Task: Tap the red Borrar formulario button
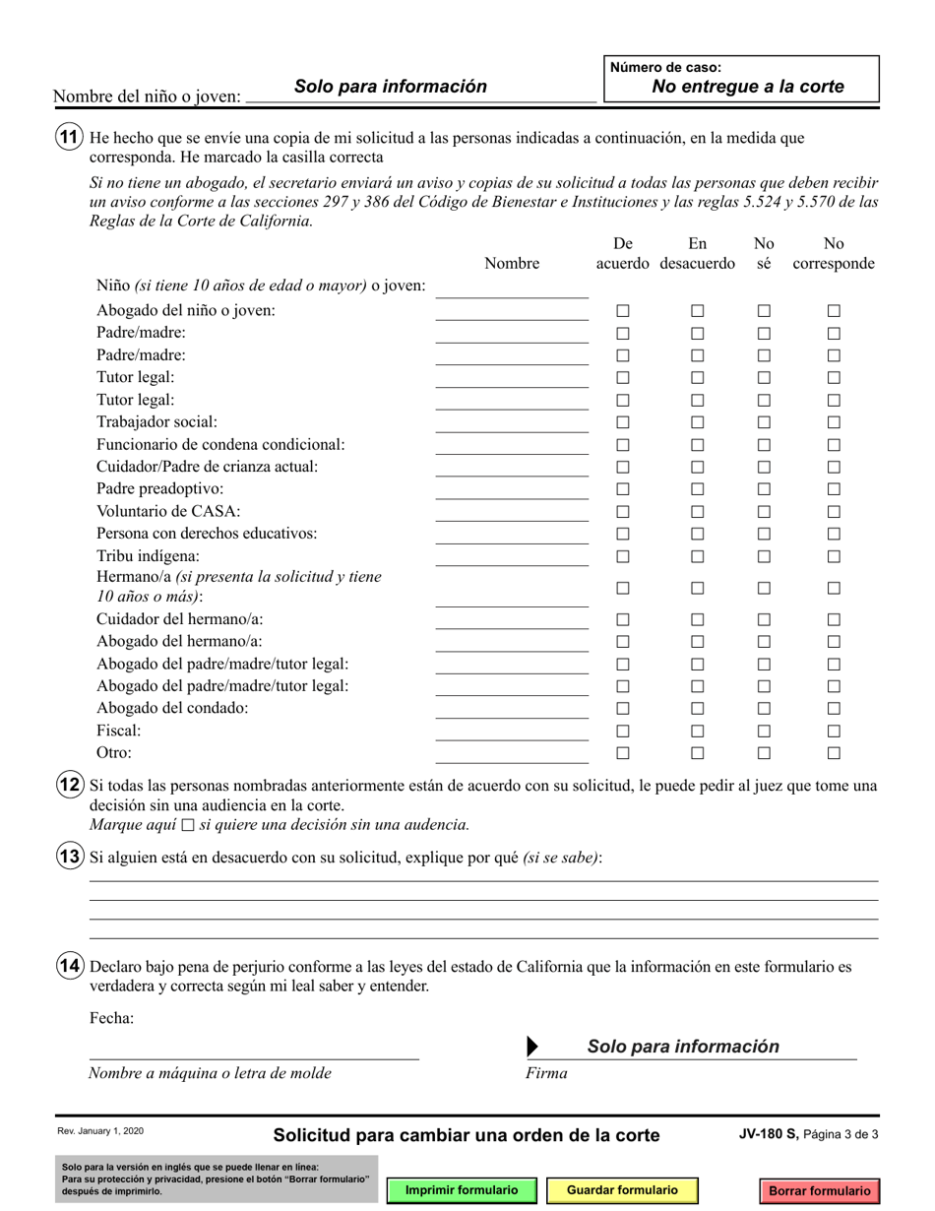pos(819,1190)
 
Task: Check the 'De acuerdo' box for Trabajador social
pos(623,422)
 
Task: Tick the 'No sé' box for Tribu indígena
pos(764,556)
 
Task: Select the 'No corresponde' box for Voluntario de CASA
pos(834,512)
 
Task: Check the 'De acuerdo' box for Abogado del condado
pos(623,709)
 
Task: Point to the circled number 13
pos(68,857)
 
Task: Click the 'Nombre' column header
pos(512,264)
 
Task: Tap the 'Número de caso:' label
pos(666,68)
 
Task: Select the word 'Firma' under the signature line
pos(547,1073)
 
